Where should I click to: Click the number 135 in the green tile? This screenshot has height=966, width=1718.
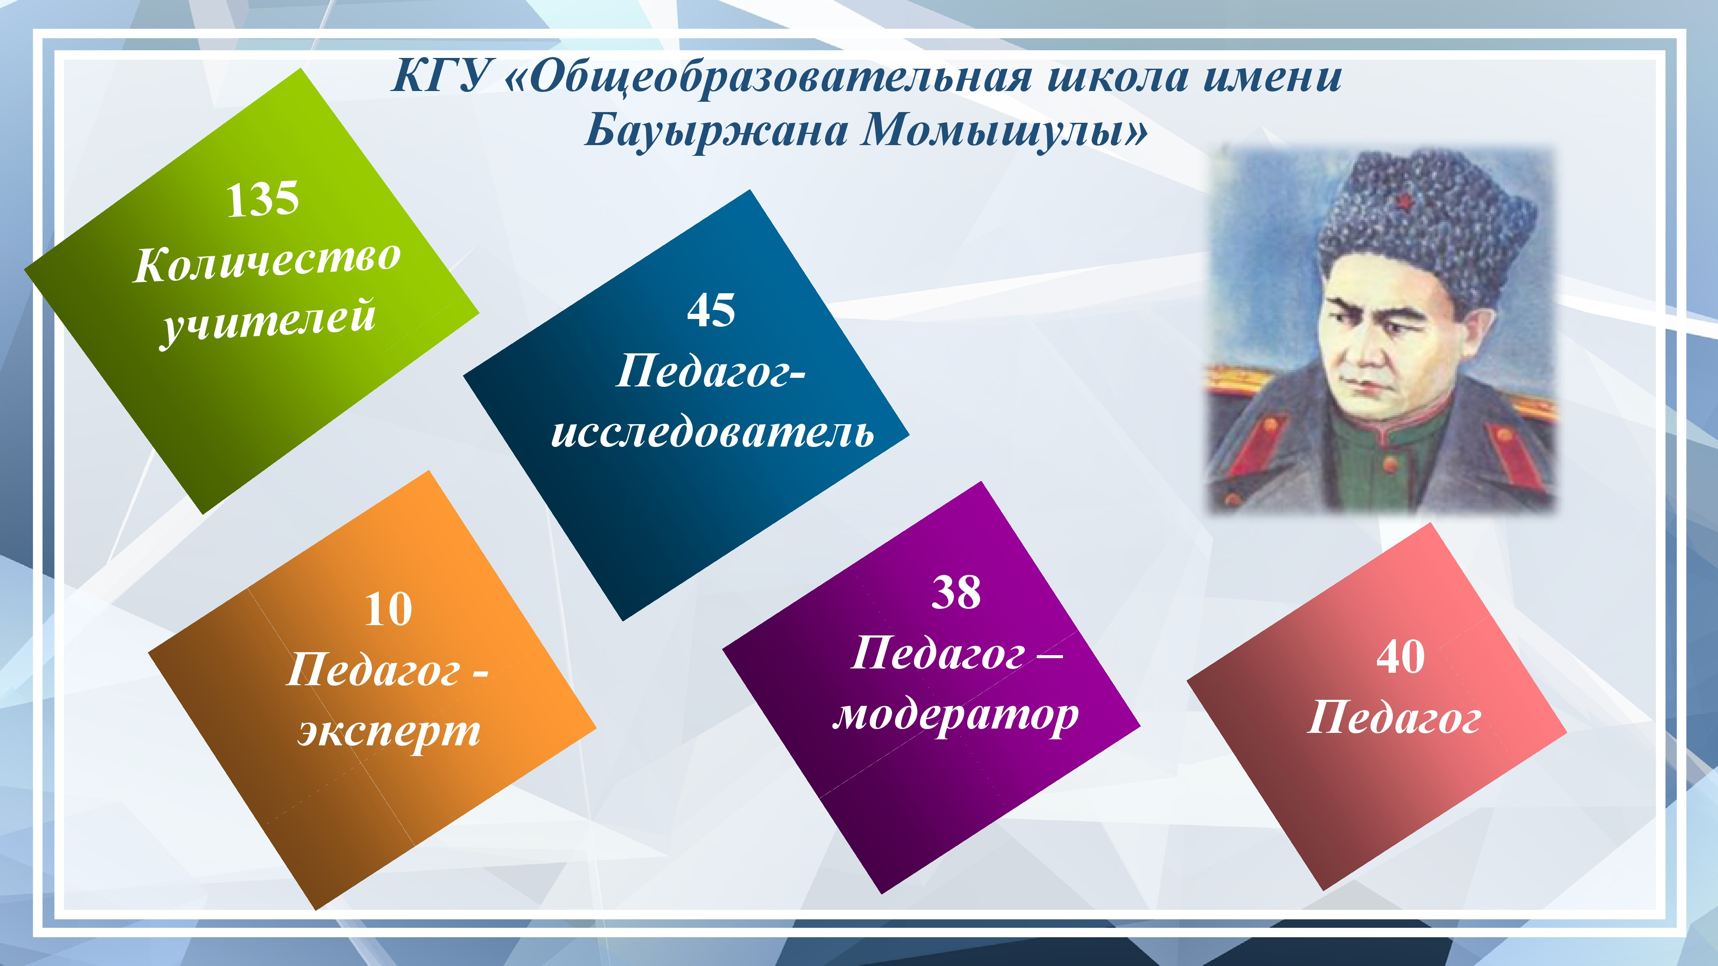coord(262,199)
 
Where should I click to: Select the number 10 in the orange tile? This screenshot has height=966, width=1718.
coord(388,609)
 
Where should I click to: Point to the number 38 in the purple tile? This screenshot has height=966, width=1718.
coord(956,592)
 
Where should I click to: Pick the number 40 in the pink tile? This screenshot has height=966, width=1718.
coord(1401,657)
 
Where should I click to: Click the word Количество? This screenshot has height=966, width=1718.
coord(267,261)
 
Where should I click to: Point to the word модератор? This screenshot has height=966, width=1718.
coord(956,716)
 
